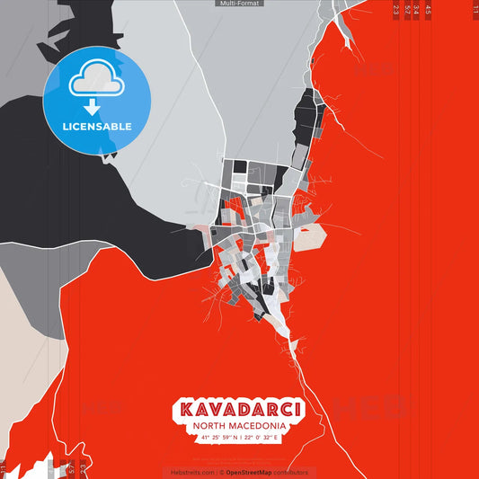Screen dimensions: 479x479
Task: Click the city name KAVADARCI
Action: click(240, 410)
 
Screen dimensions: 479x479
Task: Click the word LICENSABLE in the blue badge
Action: click(96, 127)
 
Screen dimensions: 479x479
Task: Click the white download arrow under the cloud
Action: click(96, 105)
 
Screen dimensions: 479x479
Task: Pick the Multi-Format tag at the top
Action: click(239, 4)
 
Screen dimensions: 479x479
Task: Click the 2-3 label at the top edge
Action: click(396, 10)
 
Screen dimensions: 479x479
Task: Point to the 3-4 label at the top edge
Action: click(416, 10)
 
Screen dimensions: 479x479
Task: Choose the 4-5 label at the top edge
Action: click(428, 10)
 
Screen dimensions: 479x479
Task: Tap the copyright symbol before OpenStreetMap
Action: click(221, 472)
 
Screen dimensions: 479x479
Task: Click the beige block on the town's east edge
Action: click(311, 238)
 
